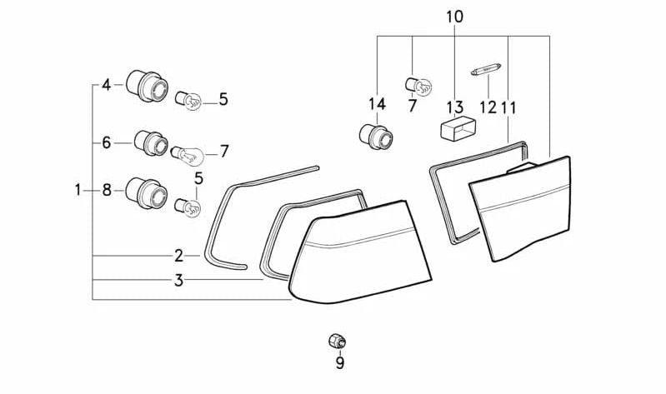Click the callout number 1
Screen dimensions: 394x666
(x=78, y=190)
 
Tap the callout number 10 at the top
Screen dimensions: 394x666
(x=454, y=17)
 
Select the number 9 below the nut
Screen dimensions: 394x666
(x=339, y=362)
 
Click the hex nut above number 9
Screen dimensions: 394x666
(x=337, y=342)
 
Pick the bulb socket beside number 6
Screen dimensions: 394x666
(x=149, y=142)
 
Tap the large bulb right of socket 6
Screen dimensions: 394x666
(x=187, y=154)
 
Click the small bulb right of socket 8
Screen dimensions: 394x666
(x=187, y=206)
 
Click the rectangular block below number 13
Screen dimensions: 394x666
(x=458, y=129)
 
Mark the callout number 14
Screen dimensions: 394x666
(x=377, y=104)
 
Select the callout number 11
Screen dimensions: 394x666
(x=508, y=107)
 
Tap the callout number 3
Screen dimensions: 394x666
(x=178, y=281)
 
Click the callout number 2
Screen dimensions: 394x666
(x=178, y=256)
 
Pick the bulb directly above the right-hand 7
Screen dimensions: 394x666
(x=418, y=83)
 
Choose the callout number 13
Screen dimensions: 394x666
(x=454, y=107)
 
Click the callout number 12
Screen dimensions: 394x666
(x=487, y=107)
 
